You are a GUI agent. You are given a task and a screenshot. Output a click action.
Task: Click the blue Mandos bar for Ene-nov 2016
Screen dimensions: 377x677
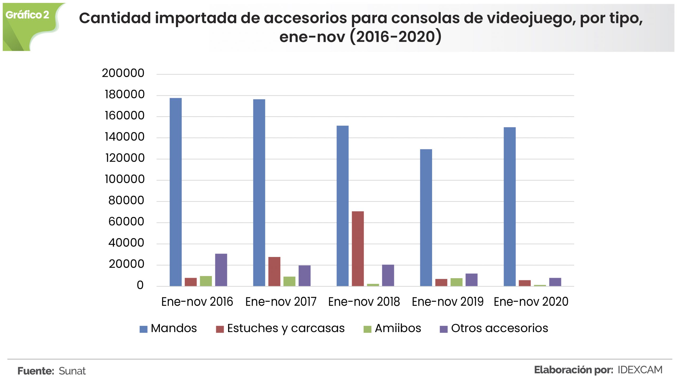pos(176,192)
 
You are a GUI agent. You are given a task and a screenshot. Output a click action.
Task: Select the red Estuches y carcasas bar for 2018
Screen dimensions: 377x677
pos(358,249)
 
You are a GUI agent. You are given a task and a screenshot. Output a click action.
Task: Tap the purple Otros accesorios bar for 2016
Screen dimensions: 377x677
pos(221,270)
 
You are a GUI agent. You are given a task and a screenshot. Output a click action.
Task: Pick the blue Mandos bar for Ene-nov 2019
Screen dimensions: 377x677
pos(426,218)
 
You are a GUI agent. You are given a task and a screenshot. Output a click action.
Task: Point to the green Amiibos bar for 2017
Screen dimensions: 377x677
pos(289,281)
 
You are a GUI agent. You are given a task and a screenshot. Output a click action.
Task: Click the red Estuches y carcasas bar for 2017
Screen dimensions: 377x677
pos(274,271)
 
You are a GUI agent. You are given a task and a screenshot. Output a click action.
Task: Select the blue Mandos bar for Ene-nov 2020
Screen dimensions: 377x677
pos(509,206)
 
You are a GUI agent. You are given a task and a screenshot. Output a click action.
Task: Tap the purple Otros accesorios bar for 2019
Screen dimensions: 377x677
pos(471,280)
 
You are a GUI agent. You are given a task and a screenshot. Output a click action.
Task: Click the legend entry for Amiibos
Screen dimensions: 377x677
pos(392,328)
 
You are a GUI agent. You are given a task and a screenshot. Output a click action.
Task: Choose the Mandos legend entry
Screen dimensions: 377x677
pos(168,328)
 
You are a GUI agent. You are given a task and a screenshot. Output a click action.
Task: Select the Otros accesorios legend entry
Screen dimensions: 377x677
pos(494,328)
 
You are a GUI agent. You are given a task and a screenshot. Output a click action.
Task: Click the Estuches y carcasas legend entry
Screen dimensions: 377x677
pos(280,328)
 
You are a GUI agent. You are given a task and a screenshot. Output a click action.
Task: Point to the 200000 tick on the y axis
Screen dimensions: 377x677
pos(123,73)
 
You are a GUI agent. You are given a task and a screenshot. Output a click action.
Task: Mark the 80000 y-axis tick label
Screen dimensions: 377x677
pos(126,200)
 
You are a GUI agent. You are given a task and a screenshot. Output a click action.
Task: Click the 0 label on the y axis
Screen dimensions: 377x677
pos(140,285)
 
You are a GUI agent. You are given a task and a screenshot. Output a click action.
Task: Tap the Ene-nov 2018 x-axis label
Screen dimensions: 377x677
pos(364,302)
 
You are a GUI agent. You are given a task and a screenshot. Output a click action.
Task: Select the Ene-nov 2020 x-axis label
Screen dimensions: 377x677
pos(531,302)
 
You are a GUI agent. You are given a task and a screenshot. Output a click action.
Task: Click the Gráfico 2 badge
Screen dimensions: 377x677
pos(28,15)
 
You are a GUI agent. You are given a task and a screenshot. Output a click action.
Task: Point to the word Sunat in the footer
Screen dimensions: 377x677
pos(72,371)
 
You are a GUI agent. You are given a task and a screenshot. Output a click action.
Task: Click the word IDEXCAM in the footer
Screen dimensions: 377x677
pos(640,370)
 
